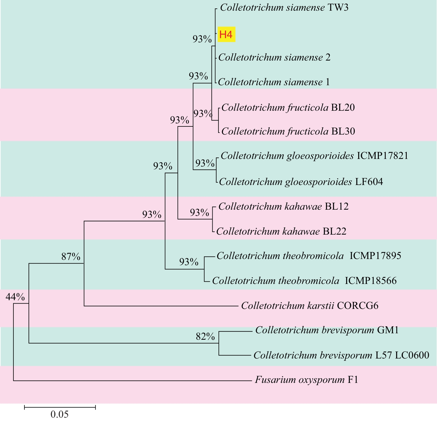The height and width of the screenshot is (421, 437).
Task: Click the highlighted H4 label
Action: pos(226,34)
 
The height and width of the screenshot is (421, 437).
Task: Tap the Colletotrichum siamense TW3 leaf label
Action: pos(284,8)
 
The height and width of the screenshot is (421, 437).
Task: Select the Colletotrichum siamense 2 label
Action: pos(274,57)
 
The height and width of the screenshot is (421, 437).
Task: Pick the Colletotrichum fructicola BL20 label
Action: pos(288,107)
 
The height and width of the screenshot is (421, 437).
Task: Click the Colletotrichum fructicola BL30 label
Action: pos(288,131)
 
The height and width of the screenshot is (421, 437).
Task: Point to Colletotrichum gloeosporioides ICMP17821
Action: pos(314,156)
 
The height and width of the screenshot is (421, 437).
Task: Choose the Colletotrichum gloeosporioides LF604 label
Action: pos(301,182)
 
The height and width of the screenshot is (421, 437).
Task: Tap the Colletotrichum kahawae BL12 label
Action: pos(283,207)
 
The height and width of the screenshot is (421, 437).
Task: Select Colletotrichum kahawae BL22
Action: pos(281,232)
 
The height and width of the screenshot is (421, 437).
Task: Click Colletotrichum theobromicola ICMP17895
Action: pos(309,256)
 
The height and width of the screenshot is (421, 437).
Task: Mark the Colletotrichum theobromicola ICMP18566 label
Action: pos(304,281)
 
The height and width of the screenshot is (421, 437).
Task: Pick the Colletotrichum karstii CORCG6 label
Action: pos(310,305)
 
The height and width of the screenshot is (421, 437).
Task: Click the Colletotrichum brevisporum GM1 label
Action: pos(327,330)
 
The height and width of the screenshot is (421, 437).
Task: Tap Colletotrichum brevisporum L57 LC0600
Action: pos(341,355)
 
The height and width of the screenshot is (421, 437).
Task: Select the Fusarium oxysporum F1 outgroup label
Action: pos(306,380)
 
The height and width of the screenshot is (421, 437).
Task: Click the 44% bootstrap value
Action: pos(15,297)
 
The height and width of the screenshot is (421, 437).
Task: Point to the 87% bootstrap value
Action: pos(71,256)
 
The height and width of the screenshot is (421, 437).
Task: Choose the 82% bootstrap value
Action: pos(205,336)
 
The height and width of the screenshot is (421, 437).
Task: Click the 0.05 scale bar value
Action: pos(59,414)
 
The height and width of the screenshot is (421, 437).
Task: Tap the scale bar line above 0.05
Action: pos(60,407)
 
